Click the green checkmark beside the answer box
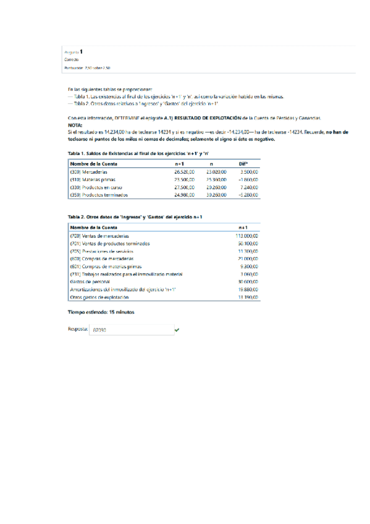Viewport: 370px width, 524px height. pos(177,331)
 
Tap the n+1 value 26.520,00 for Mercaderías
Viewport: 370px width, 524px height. pos(184,171)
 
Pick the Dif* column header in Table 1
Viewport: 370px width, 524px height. pos(243,163)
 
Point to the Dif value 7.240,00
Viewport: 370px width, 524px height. pos(248,187)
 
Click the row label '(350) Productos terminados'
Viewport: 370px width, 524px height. pos(99,195)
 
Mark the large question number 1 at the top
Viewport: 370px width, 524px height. pos(81,51)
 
